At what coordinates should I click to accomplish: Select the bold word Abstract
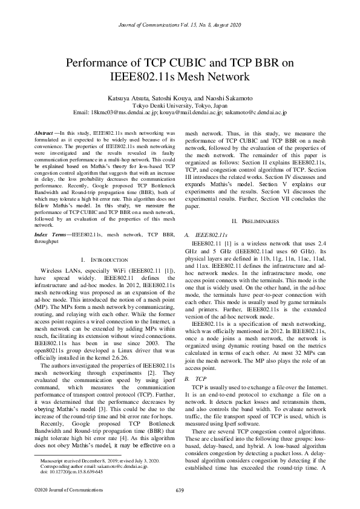(x=43, y=132)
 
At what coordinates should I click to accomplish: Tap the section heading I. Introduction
(x=105, y=258)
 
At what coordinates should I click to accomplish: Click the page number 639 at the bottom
(x=180, y=490)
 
